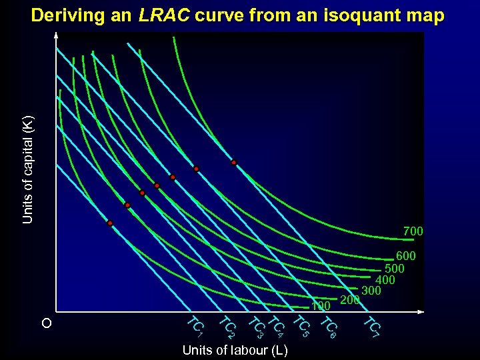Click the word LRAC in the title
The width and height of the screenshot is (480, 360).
coord(164,15)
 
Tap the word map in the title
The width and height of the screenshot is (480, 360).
coord(425,15)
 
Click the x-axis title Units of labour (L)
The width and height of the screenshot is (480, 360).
coord(235,351)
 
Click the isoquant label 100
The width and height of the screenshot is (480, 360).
coord(321,306)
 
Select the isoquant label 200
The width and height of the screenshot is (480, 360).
coord(350,300)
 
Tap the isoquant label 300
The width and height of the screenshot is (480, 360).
coord(371,291)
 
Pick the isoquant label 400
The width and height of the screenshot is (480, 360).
coord(385,280)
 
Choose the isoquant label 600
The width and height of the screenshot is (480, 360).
coord(405,256)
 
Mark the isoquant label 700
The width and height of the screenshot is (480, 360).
coord(413,231)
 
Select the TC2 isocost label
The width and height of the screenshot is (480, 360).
coord(227,327)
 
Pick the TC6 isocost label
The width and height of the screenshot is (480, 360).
coord(329,326)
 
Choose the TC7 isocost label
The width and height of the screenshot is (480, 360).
coord(371,325)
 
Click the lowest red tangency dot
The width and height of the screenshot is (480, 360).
coord(110,223)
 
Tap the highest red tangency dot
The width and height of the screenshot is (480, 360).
coord(233,163)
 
